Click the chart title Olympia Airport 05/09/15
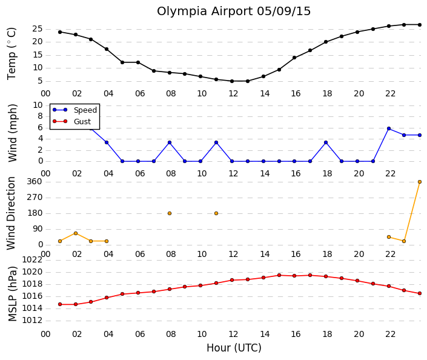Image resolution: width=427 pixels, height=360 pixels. pyautogui.click(x=234, y=12)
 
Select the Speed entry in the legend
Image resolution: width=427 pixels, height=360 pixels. pyautogui.click(x=85, y=110)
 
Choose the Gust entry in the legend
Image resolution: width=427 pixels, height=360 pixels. pyautogui.click(x=82, y=122)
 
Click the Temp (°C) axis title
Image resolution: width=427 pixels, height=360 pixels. pyautogui.click(x=12, y=54)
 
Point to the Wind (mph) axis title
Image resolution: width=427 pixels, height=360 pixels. pyautogui.click(x=12, y=133)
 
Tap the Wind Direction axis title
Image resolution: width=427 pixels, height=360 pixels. pyautogui.click(x=11, y=213)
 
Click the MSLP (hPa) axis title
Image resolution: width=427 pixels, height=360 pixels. pyautogui.click(x=12, y=294)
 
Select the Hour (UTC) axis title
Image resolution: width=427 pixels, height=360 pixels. pyautogui.click(x=234, y=348)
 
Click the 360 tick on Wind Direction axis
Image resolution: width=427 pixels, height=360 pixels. pyautogui.click(x=35, y=181)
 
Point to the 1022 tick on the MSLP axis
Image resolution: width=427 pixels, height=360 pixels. pyautogui.click(x=32, y=260)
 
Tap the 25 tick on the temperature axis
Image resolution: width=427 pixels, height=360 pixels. pyautogui.click(x=38, y=29)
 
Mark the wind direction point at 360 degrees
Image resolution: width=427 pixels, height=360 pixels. pyautogui.click(x=420, y=182)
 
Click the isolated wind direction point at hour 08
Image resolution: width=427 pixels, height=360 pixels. pyautogui.click(x=170, y=213)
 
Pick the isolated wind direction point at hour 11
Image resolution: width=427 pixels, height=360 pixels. pyautogui.click(x=216, y=213)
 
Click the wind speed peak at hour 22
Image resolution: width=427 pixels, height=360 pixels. pyautogui.click(x=389, y=128)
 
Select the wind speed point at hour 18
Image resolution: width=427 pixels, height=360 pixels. pyautogui.click(x=326, y=142)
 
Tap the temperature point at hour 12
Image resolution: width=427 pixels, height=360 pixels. pyautogui.click(x=232, y=81)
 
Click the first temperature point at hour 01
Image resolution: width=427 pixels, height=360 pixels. pyautogui.click(x=60, y=32)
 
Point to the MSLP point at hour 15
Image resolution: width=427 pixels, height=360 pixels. pyautogui.click(x=279, y=275)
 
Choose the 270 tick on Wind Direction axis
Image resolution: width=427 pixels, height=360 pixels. pyautogui.click(x=35, y=198)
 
